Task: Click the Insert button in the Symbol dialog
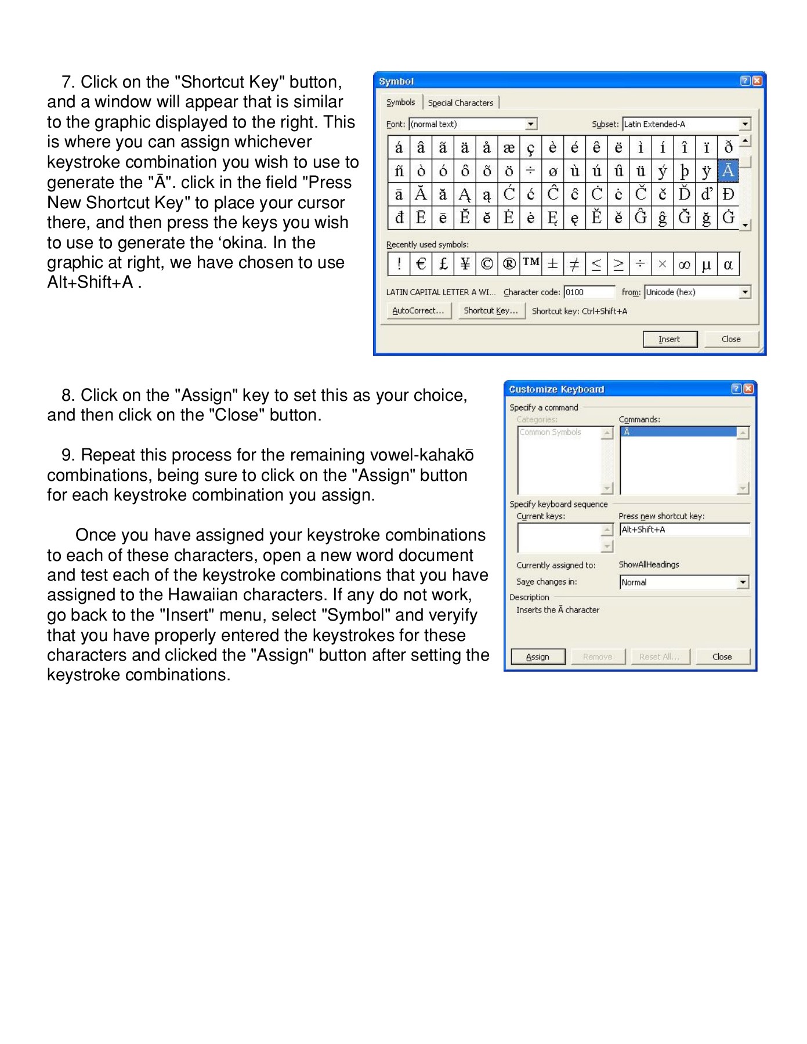tap(670, 339)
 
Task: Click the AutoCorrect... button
tap(418, 311)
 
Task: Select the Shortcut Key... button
tap(491, 311)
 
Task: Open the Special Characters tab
tap(461, 103)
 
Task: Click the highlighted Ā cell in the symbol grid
tap(728, 171)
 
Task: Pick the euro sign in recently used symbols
tap(421, 264)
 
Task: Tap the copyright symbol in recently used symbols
tap(487, 264)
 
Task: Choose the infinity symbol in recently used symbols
tap(684, 264)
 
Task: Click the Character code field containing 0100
tap(589, 292)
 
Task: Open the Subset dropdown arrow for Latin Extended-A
tap(745, 124)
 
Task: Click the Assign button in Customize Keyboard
tap(538, 657)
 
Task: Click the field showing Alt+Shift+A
tap(684, 530)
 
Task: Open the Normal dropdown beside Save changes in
tap(743, 582)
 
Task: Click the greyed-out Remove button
tap(598, 657)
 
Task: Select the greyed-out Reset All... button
tap(659, 657)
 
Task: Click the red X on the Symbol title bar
tap(757, 81)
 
